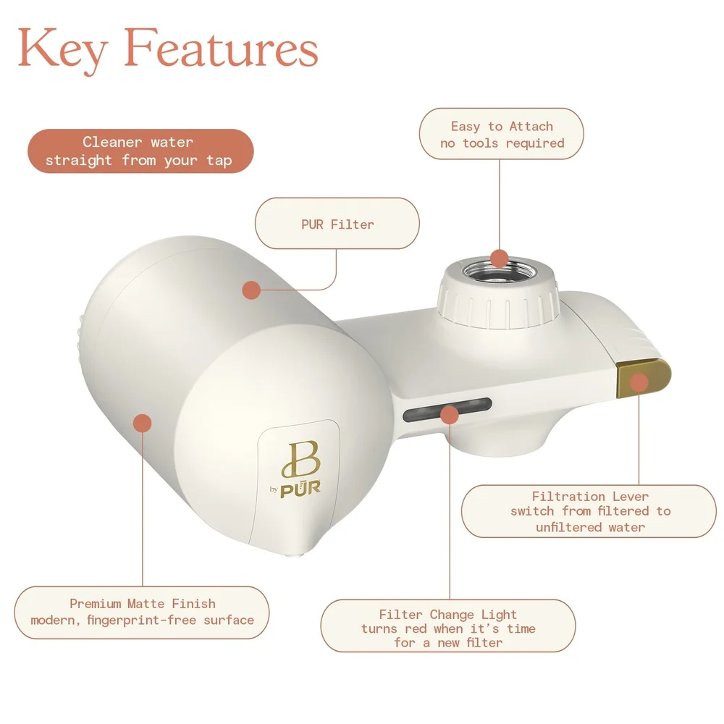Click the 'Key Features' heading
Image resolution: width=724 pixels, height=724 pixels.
tap(168, 48)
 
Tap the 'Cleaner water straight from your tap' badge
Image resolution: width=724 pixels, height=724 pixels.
tap(140, 151)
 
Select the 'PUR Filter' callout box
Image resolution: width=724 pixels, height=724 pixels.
tap(337, 224)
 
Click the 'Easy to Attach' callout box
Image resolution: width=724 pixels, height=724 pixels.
tap(501, 135)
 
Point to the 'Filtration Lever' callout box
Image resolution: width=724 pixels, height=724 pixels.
tap(589, 511)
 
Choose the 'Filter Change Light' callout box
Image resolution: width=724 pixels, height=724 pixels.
tap(448, 627)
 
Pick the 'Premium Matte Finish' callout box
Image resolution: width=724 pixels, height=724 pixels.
tap(142, 612)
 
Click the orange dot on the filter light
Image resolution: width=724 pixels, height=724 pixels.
tap(450, 415)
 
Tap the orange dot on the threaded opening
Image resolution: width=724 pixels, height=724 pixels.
tap(500, 258)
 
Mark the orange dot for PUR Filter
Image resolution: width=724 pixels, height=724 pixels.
tap(251, 290)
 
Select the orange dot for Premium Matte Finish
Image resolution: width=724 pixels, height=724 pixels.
tap(143, 422)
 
